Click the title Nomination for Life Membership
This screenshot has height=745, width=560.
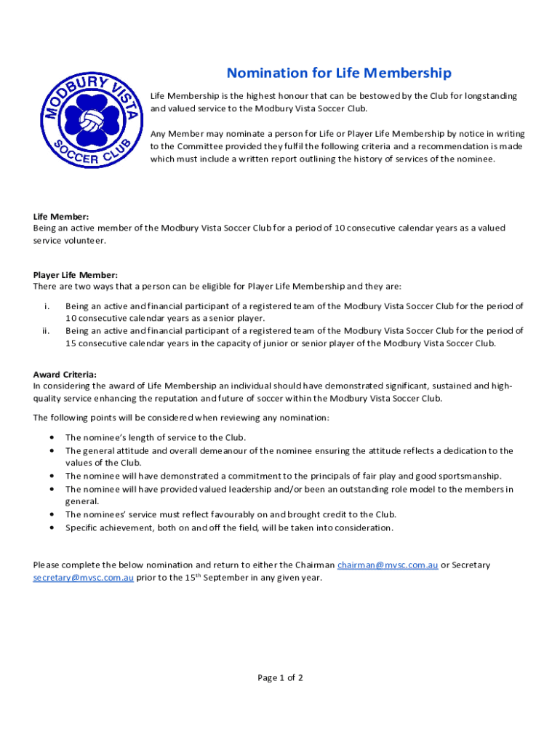[x=339, y=73]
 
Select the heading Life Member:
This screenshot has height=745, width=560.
[x=61, y=217]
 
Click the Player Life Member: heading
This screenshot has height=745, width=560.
[x=75, y=275]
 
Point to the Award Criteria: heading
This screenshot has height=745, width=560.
[x=65, y=375]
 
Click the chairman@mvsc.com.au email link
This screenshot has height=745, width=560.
[x=388, y=565]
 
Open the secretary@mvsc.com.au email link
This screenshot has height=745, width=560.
[x=83, y=578]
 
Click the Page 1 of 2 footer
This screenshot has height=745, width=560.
[x=280, y=678]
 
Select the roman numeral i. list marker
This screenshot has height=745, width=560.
[x=47, y=307]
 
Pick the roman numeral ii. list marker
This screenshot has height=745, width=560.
[x=45, y=331]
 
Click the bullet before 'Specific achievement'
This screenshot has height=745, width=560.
[x=51, y=527]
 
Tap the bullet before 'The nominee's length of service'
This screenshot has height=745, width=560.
[x=51, y=438]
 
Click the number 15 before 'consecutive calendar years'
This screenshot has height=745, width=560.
[x=71, y=343]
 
